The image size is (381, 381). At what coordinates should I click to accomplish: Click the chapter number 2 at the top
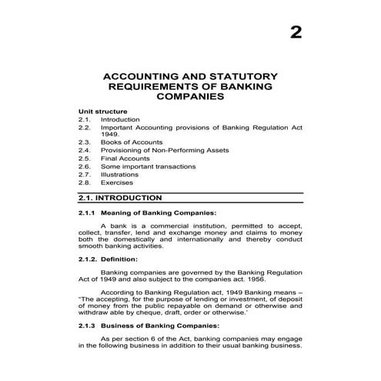296,32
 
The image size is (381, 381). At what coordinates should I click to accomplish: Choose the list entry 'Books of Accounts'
132,142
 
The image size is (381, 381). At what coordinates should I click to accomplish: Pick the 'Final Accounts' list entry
125,159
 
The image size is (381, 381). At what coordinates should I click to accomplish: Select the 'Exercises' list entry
116,182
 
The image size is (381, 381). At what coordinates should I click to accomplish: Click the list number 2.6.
85,166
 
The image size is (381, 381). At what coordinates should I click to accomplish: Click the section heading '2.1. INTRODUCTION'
120,198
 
